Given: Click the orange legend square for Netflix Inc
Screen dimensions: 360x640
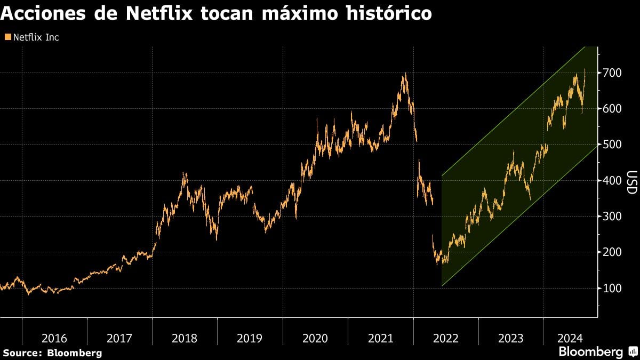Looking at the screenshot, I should [x=7, y=37].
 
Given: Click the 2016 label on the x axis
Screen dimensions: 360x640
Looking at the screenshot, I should [x=54, y=338].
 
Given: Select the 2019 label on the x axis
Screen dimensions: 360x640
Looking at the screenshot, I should [x=250, y=338].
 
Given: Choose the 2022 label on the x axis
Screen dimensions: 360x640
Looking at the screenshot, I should [x=445, y=338].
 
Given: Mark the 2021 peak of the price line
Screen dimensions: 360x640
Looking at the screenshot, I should [x=405, y=74].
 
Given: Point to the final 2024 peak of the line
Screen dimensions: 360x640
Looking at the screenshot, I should [x=585, y=69].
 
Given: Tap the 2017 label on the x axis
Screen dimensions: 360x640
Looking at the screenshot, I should [x=119, y=338].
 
